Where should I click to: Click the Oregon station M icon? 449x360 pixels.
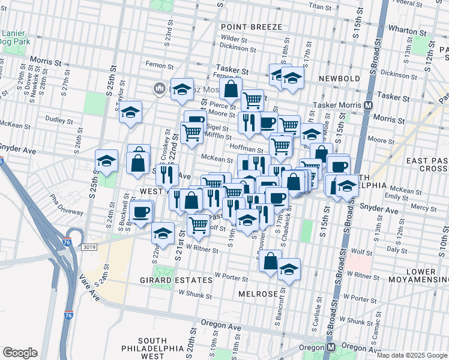tap(331, 347)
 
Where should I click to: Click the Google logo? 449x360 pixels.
tap(20, 353)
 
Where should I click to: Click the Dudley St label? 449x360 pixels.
tap(59, 120)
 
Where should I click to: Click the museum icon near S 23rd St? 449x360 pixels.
tap(159, 89)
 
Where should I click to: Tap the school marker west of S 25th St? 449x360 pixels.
tap(106, 161)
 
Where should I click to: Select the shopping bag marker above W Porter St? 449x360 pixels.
tap(271, 261)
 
